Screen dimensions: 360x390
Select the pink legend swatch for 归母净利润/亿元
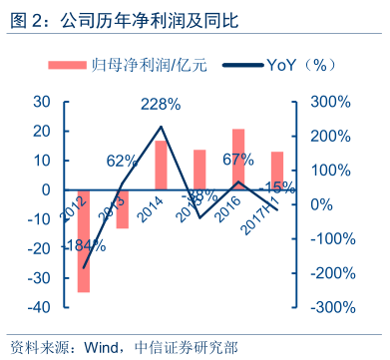pyautogui.click(x=73, y=65)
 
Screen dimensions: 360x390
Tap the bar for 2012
pyautogui.click(x=83, y=240)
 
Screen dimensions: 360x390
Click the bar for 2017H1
pyautogui.click(x=277, y=171)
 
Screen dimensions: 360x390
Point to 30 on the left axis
pyautogui.click(x=42, y=102)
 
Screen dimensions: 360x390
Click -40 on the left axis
pyautogui.click(x=38, y=307)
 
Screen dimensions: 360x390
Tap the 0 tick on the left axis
pyautogui.click(x=46, y=189)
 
